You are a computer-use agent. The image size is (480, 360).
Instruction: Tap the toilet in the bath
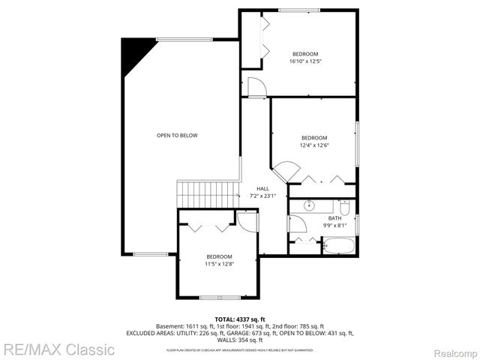pyautogui.click(x=344, y=205)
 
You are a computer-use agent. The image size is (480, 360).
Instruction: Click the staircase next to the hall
pyautogui.click(x=207, y=193)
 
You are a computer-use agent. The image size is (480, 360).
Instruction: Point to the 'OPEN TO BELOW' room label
pyautogui.click(x=177, y=135)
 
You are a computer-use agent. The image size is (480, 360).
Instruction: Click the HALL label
pyautogui.click(x=262, y=189)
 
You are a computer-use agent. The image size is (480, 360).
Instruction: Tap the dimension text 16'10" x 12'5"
pyautogui.click(x=305, y=61)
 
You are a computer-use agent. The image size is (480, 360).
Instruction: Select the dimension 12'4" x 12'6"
pyautogui.click(x=314, y=145)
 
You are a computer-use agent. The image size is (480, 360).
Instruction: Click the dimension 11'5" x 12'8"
pyautogui.click(x=220, y=263)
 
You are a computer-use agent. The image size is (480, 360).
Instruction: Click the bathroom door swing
pyautogui.click(x=296, y=223)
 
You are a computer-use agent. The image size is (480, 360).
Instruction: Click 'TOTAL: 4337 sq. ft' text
pyautogui.click(x=239, y=319)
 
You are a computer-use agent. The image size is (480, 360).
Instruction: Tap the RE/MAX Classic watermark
pyautogui.click(x=58, y=349)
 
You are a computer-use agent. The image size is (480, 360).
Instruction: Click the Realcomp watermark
pyautogui.click(x=454, y=350)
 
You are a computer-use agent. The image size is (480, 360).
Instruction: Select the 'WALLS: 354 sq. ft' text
pyautogui.click(x=240, y=339)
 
